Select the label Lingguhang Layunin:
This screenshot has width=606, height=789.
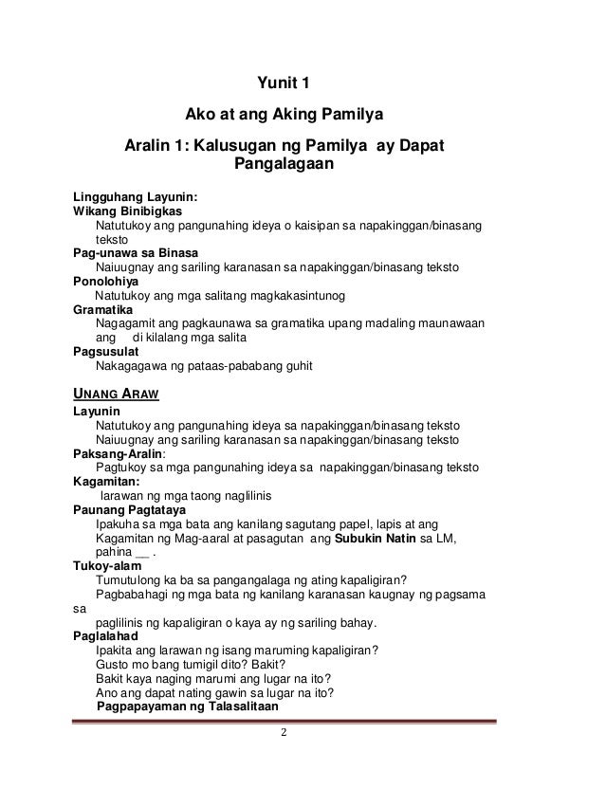tap(136, 197)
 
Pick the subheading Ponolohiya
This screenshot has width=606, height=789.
tap(105, 282)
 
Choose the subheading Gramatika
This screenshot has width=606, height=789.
tap(103, 309)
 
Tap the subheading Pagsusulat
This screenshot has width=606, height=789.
tap(107, 351)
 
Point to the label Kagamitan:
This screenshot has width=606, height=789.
tap(106, 482)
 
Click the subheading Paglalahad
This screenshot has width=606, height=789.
tap(106, 636)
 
